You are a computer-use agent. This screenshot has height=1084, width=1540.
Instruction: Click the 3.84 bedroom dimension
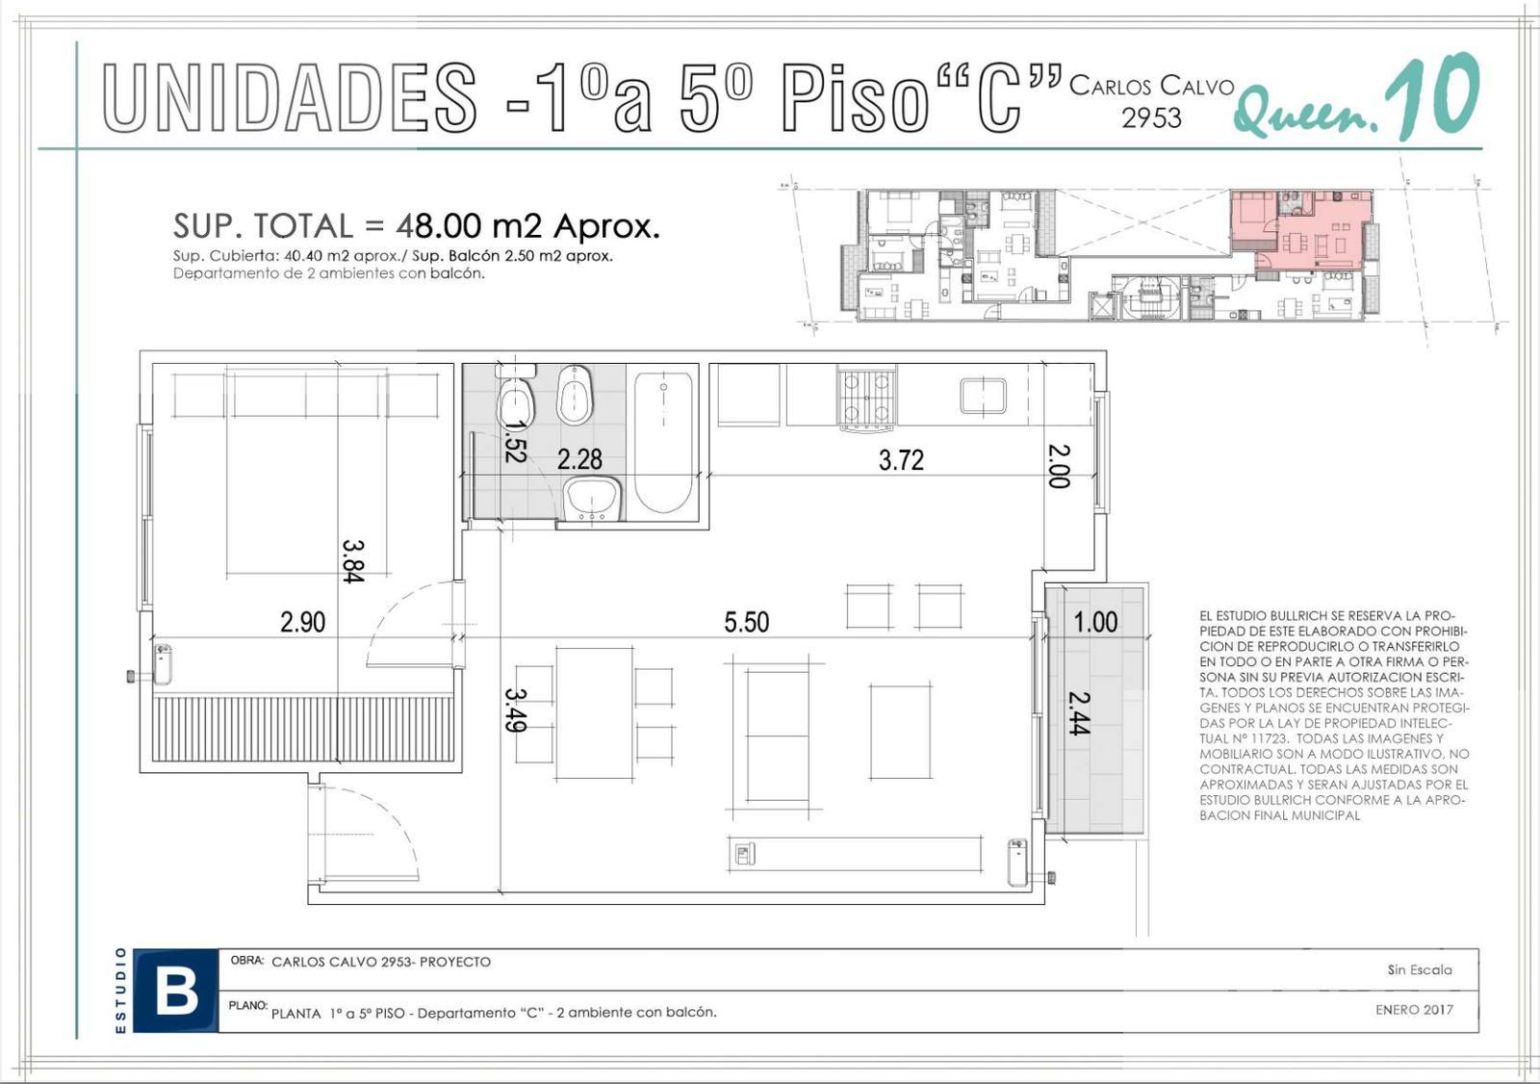tap(352, 561)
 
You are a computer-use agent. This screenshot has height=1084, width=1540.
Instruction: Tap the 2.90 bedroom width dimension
tap(302, 622)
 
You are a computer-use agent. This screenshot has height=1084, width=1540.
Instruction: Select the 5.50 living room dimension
tap(747, 622)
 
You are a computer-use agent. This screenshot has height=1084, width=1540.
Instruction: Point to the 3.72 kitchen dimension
tap(901, 459)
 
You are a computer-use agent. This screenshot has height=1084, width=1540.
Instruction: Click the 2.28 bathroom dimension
tap(579, 459)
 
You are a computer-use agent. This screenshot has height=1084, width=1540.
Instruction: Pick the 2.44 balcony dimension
tap(1079, 713)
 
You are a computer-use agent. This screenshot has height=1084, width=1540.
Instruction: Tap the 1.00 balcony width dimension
tap(1096, 622)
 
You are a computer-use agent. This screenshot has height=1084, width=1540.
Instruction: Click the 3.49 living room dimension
tap(515, 710)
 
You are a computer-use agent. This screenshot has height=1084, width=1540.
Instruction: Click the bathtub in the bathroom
tap(663, 443)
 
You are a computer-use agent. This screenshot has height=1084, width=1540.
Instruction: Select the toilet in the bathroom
tap(515, 398)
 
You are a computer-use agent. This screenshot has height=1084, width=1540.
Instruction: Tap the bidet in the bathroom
tap(575, 395)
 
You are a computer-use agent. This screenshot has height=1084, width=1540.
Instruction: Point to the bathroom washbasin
tap(593, 499)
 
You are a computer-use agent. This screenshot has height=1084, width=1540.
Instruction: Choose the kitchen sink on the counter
tap(983, 396)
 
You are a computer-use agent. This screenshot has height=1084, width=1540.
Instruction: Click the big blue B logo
tap(176, 992)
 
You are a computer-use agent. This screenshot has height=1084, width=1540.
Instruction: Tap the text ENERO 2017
tap(1415, 1010)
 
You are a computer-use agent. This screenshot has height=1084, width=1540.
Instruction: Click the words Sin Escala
tap(1420, 969)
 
